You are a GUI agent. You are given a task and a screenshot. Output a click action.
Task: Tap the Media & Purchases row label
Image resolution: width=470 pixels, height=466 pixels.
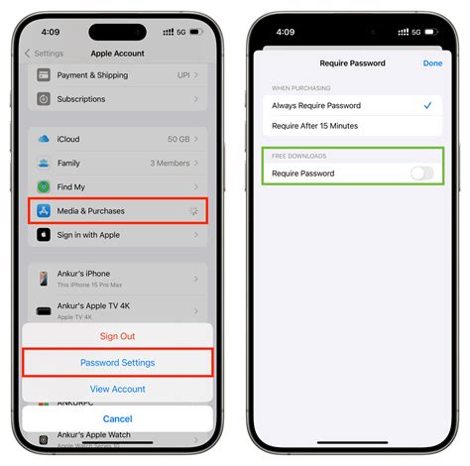pyautogui.click(x=92, y=210)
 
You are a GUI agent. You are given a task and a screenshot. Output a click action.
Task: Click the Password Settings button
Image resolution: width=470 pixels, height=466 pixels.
pyautogui.click(x=118, y=363)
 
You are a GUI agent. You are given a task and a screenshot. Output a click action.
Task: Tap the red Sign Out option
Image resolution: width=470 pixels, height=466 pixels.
pyautogui.click(x=118, y=336)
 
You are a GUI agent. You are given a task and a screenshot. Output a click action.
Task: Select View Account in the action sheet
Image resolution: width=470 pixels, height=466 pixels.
pyautogui.click(x=118, y=389)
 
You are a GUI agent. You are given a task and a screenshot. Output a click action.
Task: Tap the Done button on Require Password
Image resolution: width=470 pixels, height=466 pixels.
pyautogui.click(x=432, y=62)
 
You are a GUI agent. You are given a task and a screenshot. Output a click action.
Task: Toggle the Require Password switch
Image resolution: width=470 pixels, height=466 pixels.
pyautogui.click(x=421, y=174)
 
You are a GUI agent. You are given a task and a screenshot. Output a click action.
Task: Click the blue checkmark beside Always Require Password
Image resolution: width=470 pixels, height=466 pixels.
pyautogui.click(x=427, y=105)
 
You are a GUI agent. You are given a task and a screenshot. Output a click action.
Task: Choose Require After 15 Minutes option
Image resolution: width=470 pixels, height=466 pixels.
pyautogui.click(x=315, y=126)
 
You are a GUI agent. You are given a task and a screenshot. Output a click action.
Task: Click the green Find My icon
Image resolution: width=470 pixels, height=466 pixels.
pyautogui.click(x=44, y=186)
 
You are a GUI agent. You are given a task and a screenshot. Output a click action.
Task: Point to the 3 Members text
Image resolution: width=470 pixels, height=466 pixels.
pyautogui.click(x=171, y=163)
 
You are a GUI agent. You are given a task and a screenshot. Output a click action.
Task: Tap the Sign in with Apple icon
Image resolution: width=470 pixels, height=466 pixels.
pyautogui.click(x=44, y=235)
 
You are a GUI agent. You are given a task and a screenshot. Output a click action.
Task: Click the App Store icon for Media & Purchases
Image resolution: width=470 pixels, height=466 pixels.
pyautogui.click(x=44, y=210)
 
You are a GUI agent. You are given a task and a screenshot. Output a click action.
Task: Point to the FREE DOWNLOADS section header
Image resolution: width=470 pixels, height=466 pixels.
pyautogui.click(x=299, y=156)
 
